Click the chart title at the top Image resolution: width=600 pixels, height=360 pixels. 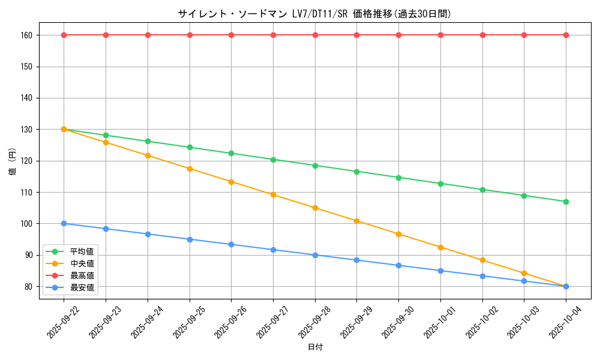click(x=314, y=14)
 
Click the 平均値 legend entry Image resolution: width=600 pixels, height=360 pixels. click(x=82, y=251)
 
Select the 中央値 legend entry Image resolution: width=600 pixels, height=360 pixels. click(x=82, y=263)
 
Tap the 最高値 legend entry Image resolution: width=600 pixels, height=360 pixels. click(x=82, y=275)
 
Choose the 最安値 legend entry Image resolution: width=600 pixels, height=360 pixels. click(x=82, y=287)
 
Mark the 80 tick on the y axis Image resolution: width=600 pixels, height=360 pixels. click(x=28, y=286)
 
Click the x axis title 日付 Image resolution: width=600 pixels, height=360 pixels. click(x=315, y=347)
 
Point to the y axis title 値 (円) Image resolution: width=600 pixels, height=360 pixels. click(x=12, y=162)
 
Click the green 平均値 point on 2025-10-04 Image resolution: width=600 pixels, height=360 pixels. click(x=566, y=202)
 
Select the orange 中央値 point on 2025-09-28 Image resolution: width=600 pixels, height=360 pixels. click(x=315, y=208)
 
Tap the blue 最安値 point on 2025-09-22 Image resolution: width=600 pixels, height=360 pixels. click(x=64, y=223)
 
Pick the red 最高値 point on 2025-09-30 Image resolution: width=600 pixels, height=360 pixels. click(x=398, y=35)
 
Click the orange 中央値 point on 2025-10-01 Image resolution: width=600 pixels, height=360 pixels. click(x=440, y=247)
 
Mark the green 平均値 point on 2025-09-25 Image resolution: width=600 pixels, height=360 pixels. click(x=190, y=147)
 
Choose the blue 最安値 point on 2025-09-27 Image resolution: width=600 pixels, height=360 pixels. click(x=273, y=250)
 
